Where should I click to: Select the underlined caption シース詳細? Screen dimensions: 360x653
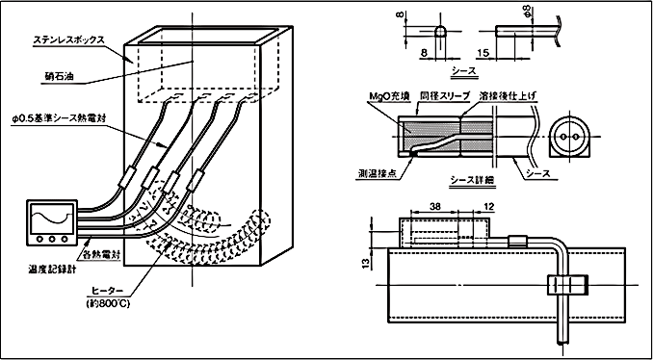469,180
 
